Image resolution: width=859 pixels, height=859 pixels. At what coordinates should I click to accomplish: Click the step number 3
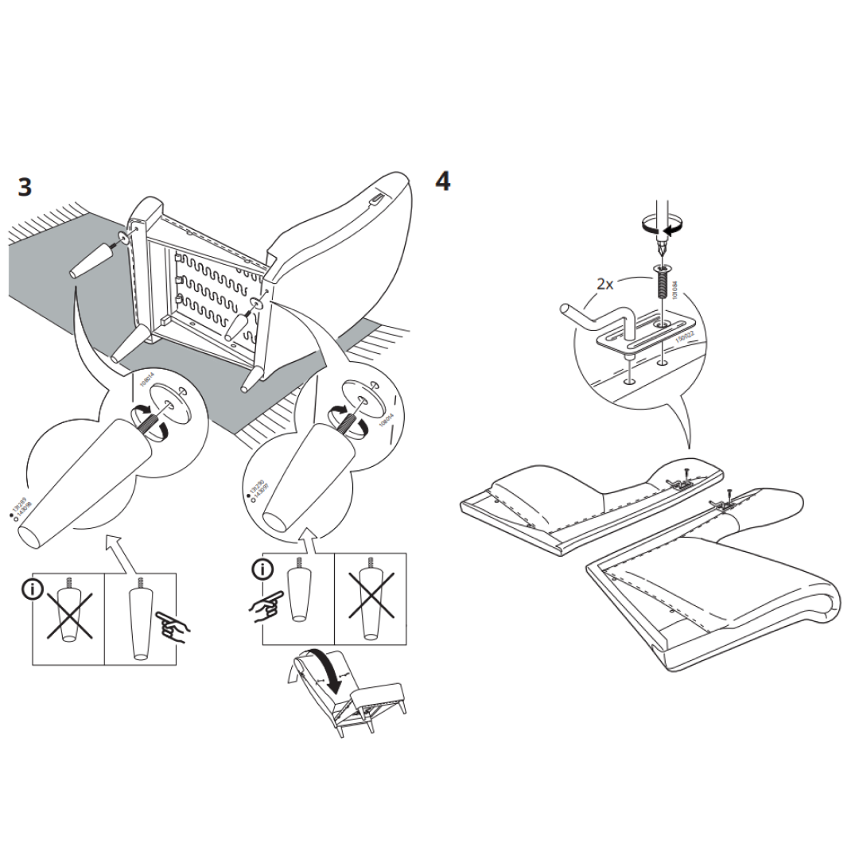tap(25, 188)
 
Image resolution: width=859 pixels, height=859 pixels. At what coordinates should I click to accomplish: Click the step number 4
tap(443, 181)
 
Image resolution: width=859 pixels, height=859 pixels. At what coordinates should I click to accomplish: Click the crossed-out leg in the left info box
tap(70, 612)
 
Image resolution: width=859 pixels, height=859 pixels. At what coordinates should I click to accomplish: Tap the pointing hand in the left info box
tap(172, 625)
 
